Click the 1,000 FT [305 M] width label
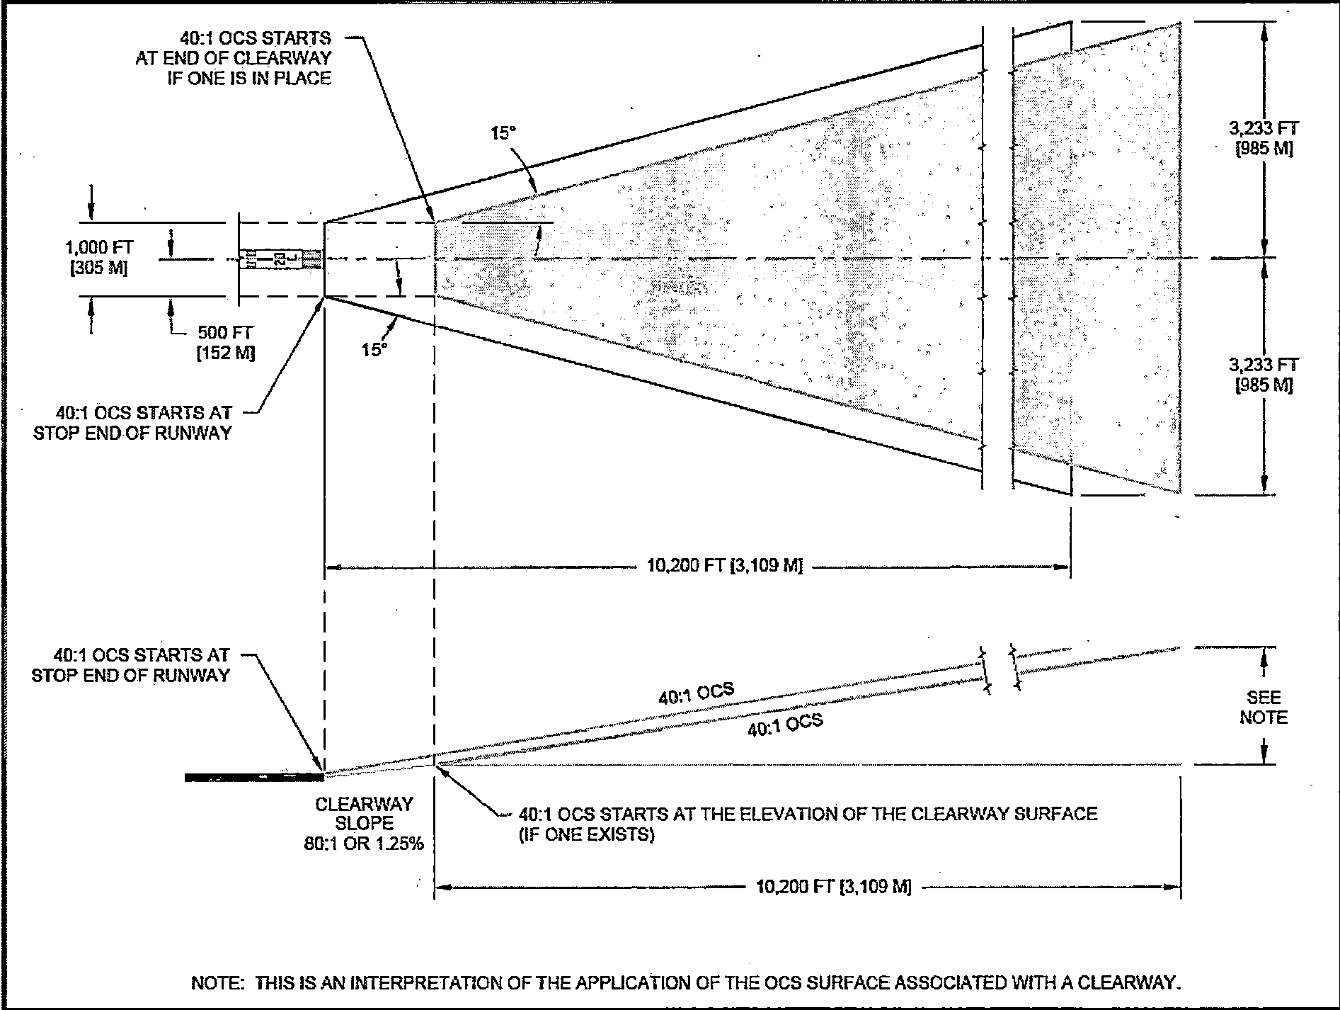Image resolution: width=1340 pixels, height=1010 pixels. [99, 258]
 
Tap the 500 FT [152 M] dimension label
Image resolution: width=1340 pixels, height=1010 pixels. [225, 343]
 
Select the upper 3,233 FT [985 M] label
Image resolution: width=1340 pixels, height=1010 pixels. [1264, 139]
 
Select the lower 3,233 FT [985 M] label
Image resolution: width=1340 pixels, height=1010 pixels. [1264, 375]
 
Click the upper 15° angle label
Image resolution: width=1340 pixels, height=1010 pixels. [503, 133]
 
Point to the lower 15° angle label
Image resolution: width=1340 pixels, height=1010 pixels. [374, 349]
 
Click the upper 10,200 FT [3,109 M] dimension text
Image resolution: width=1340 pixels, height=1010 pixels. [724, 566]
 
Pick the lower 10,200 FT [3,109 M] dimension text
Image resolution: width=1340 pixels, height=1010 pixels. [833, 886]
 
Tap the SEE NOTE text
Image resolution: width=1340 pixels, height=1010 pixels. [1263, 708]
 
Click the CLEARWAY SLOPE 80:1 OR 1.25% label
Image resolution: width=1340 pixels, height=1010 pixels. [364, 824]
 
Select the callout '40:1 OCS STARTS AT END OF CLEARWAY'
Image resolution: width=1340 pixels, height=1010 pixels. [234, 58]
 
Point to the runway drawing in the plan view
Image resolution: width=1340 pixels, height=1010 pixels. [280, 259]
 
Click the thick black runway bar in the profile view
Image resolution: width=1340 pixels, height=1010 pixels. [253, 777]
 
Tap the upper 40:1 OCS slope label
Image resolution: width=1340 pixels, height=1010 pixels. [696, 694]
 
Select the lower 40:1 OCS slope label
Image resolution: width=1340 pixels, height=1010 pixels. [785, 725]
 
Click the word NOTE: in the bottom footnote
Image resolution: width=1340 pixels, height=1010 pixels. [218, 983]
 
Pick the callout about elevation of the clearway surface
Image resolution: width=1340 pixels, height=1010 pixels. [807, 824]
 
